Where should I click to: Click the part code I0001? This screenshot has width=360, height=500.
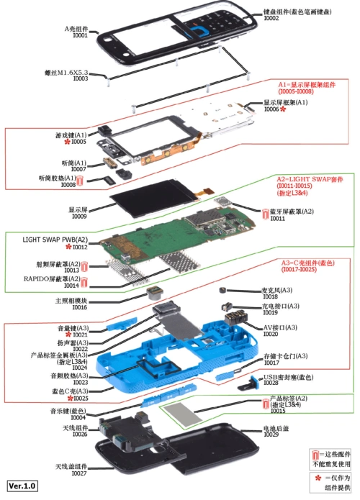click(80, 35)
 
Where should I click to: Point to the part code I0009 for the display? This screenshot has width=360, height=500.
click(79, 216)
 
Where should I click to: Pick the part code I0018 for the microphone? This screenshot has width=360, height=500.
click(270, 296)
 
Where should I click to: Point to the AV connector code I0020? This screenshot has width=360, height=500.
click(270, 334)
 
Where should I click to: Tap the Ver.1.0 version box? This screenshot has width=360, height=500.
click(22, 486)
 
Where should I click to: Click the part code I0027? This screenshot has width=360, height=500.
click(79, 474)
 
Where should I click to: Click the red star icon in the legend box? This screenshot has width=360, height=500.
click(316, 478)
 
